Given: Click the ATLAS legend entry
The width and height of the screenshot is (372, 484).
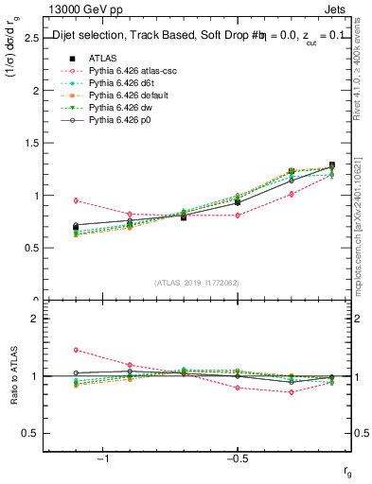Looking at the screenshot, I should pos(102,59).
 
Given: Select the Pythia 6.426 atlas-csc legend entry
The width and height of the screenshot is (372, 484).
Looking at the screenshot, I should pos(128,71).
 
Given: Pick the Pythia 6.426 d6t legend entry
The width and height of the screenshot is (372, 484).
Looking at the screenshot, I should pos(120,83).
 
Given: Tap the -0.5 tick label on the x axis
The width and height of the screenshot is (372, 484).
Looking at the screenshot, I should pos(237,458).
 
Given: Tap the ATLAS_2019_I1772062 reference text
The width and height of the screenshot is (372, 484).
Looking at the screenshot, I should pos(196,283).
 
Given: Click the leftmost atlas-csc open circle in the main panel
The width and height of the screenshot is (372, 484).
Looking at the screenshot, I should pos(76,200).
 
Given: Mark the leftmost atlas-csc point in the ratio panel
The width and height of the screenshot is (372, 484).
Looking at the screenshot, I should pos(76,350).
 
